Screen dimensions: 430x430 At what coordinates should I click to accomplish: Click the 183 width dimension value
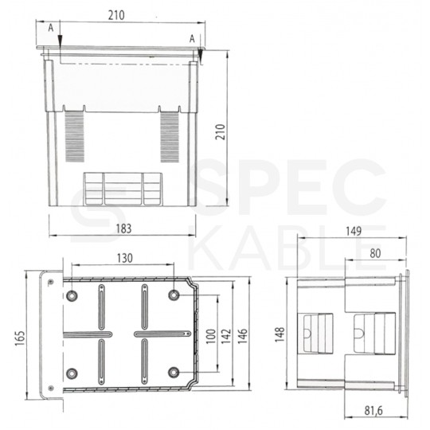coord(123,229)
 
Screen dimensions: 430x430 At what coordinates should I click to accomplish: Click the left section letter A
coord(51,27)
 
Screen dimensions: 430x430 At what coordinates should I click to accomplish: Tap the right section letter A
coord(192,38)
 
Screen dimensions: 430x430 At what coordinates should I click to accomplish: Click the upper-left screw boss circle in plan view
coord(72,295)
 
